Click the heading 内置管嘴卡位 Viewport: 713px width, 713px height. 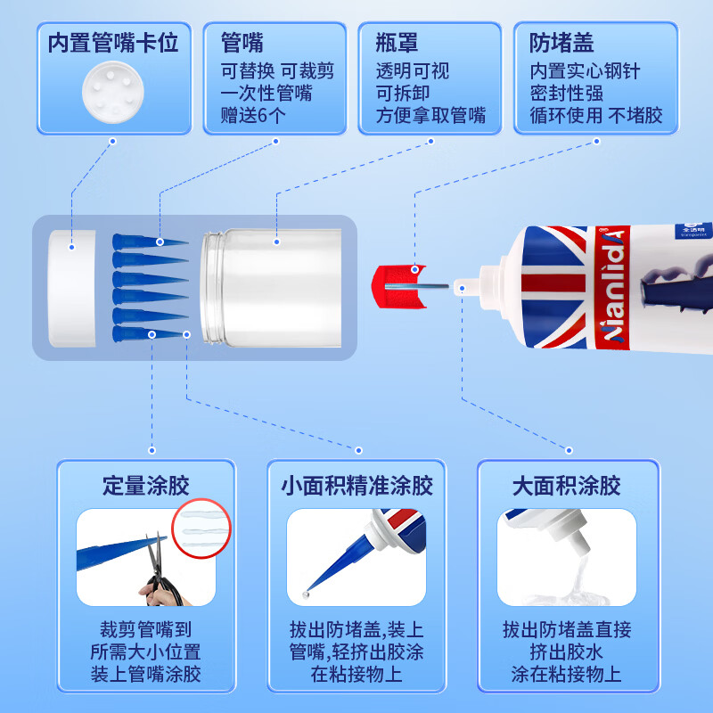click(113, 44)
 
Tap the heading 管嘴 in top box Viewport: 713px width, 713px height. click(242, 44)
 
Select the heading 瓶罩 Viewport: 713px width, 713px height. click(397, 44)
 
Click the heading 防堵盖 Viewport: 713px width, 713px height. click(561, 44)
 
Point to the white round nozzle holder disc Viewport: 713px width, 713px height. click(113, 92)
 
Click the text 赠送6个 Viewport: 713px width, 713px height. click(253, 116)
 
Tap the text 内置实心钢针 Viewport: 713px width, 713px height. click(584, 71)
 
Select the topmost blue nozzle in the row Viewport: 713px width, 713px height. click(149, 242)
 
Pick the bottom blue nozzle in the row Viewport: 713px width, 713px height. click(149, 333)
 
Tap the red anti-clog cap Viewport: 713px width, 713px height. click(394, 285)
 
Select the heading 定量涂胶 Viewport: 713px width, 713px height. click(146, 487)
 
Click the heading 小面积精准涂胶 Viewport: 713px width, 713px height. click(356, 487)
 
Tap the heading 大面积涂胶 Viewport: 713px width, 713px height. click(566, 487)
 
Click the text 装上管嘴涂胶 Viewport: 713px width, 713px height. click(146, 673)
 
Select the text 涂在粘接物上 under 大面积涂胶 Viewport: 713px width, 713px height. click(566, 673)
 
